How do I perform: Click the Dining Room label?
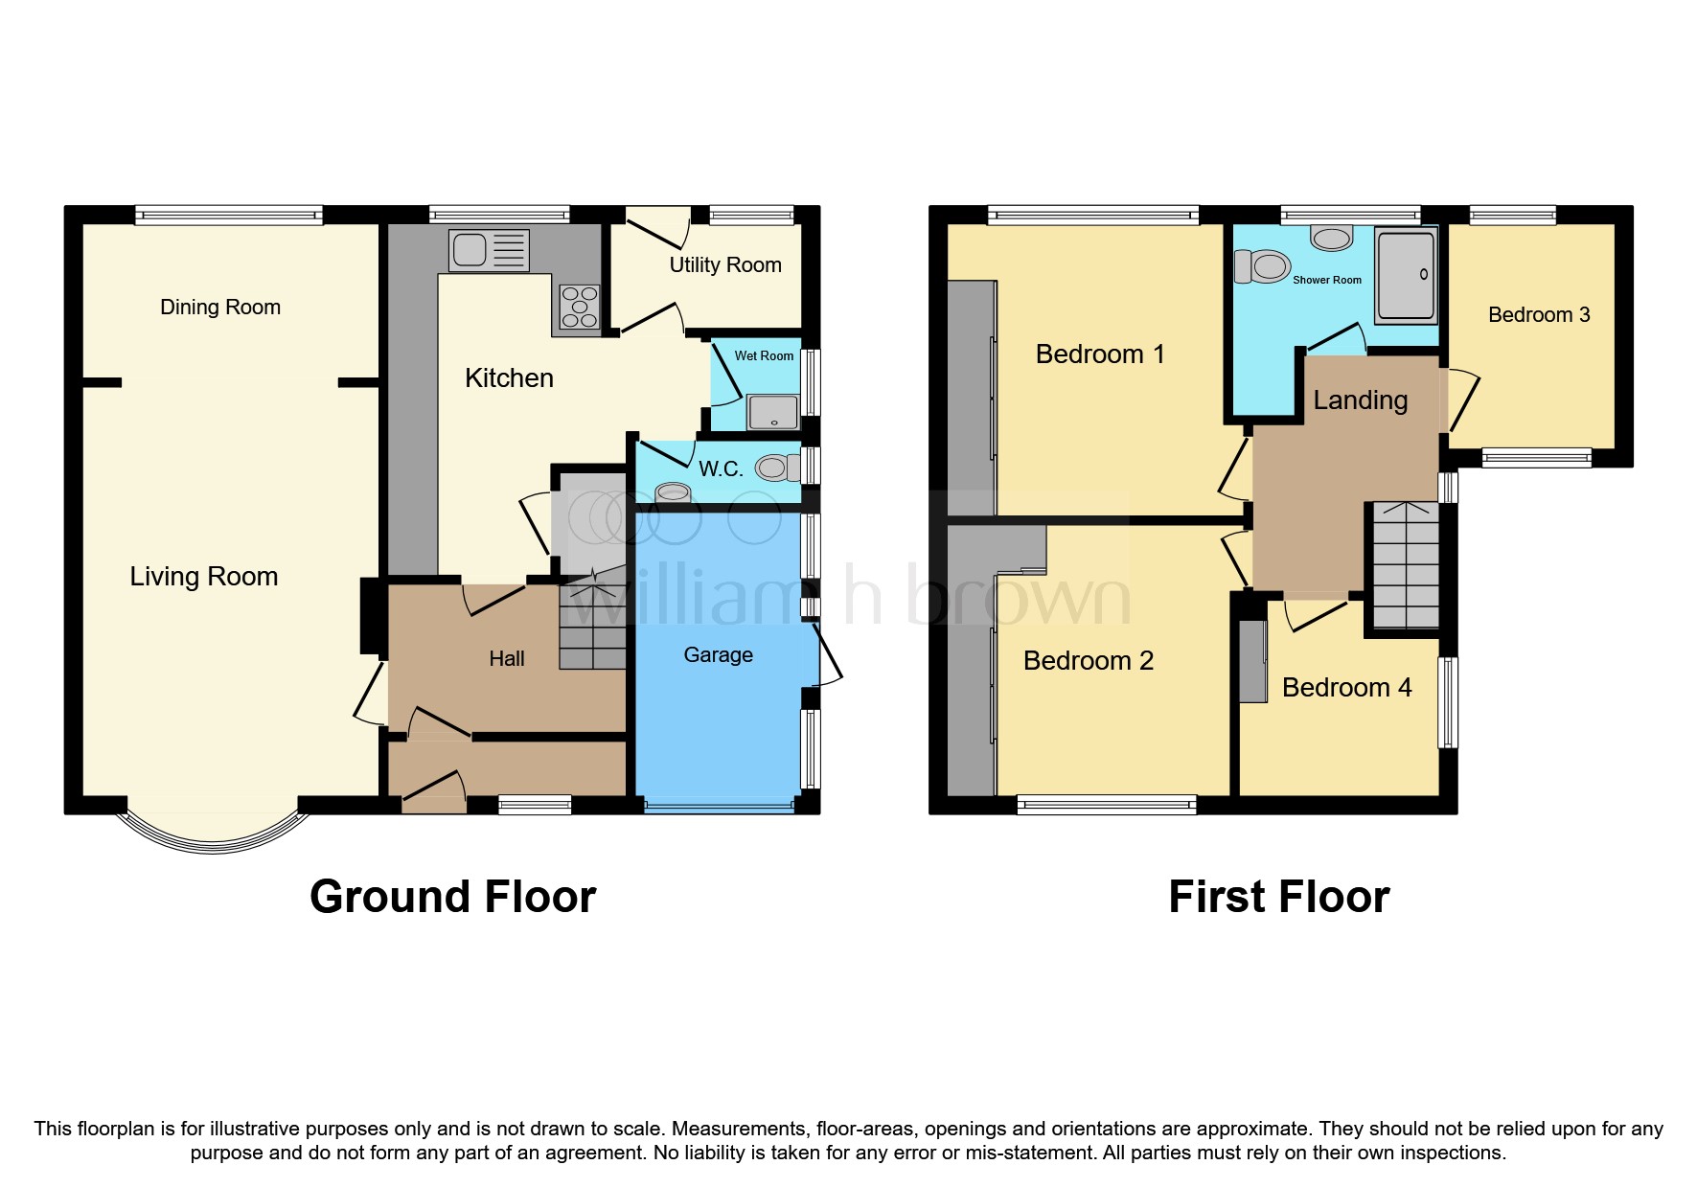click(x=219, y=308)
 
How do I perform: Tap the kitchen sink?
click(x=489, y=250)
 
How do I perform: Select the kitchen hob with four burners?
click(x=579, y=308)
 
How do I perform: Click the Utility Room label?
click(x=724, y=265)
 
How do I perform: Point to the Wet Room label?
click(x=764, y=355)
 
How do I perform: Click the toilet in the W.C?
click(x=777, y=468)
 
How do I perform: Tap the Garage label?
click(x=718, y=655)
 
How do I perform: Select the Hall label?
click(x=506, y=659)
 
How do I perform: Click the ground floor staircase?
click(x=592, y=618)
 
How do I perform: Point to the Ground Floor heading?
click(x=452, y=898)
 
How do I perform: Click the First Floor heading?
click(x=1278, y=898)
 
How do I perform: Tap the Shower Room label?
click(x=1326, y=281)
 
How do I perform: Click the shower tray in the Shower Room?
click(x=1406, y=274)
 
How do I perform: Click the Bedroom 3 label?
click(x=1538, y=315)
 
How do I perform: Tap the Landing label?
click(x=1360, y=400)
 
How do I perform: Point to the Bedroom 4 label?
click(x=1346, y=688)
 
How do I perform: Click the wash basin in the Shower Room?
click(x=1331, y=237)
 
